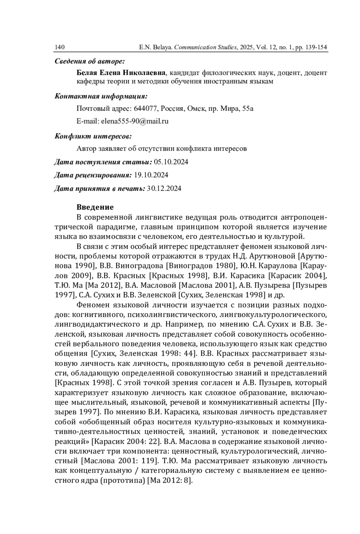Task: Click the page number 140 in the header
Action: click(60, 47)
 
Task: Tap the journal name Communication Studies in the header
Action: click(205, 47)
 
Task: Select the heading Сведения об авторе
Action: click(89, 62)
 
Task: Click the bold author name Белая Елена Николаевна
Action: click(121, 73)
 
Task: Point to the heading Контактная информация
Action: click(101, 96)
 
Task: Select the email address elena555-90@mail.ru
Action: click(135, 121)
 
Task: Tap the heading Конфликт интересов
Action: click(93, 137)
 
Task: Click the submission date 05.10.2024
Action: click(171, 162)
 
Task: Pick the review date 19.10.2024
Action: click(151, 175)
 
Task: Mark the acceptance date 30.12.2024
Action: click(164, 189)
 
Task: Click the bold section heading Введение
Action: click(95, 207)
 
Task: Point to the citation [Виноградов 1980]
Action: click(200, 266)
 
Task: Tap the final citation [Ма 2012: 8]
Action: click(169, 480)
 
